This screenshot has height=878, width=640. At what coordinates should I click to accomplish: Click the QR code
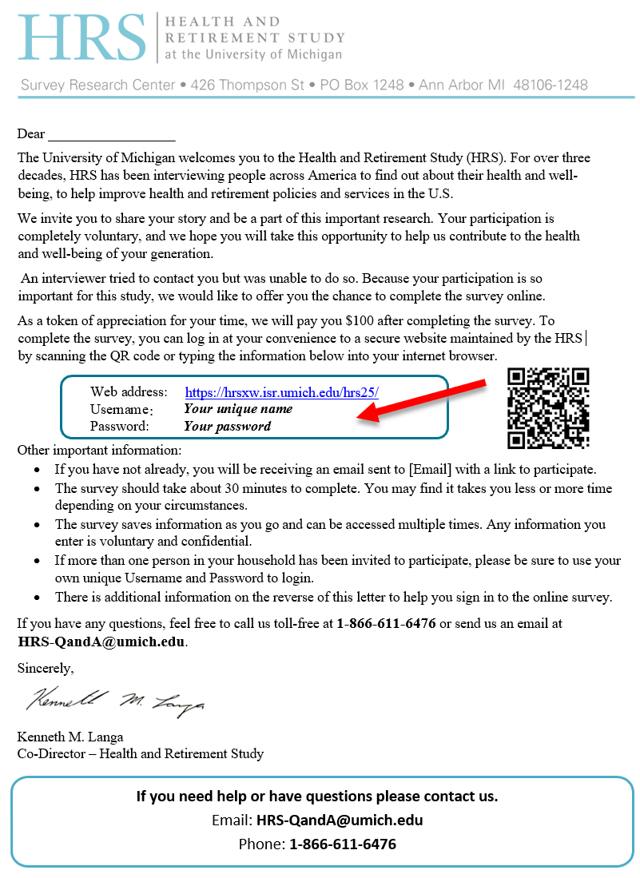[x=548, y=407]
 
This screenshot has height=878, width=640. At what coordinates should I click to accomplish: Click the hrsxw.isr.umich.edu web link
[x=281, y=392]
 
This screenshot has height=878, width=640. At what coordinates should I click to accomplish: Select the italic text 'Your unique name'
[x=238, y=409]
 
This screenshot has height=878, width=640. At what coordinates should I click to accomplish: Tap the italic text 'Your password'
[x=227, y=426]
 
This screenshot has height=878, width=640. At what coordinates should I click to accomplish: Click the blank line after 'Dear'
[x=111, y=134]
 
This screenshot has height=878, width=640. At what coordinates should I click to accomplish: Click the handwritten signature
[x=115, y=701]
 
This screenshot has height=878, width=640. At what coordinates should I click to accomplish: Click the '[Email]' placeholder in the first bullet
[x=432, y=470]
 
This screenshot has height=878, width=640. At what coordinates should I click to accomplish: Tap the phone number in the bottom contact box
[x=342, y=844]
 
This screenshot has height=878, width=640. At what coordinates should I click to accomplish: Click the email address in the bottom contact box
[x=339, y=820]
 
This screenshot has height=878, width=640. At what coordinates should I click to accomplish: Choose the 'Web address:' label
[x=129, y=392]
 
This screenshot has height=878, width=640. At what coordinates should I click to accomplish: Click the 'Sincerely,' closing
[x=45, y=668]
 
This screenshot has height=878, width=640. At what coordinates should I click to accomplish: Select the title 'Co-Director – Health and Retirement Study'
[x=141, y=753]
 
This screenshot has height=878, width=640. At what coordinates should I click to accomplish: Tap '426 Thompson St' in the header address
[x=248, y=85]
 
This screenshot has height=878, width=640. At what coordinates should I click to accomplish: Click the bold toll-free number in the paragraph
[x=386, y=623]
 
